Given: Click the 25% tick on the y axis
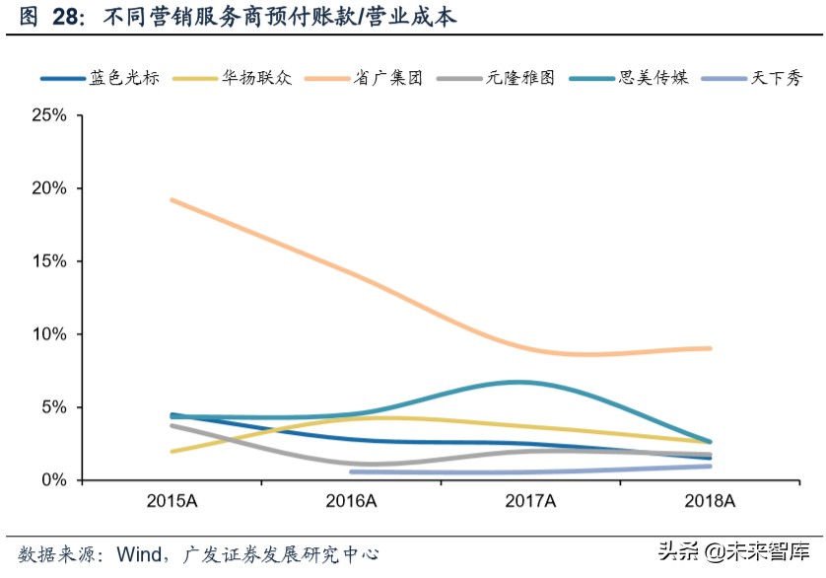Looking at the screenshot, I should pos(48,115).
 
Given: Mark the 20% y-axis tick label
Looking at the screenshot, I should pos(48,188).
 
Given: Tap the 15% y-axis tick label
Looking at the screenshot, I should pos(48,261).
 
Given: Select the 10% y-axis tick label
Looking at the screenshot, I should pos(48,334).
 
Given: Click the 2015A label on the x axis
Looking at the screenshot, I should pos(172,502).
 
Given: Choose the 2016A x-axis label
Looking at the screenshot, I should pos(352,502).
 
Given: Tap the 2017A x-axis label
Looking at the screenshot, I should pos(530,502).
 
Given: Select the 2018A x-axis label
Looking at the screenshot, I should pos(711,502).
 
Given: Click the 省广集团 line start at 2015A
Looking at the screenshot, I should pos(172,200).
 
